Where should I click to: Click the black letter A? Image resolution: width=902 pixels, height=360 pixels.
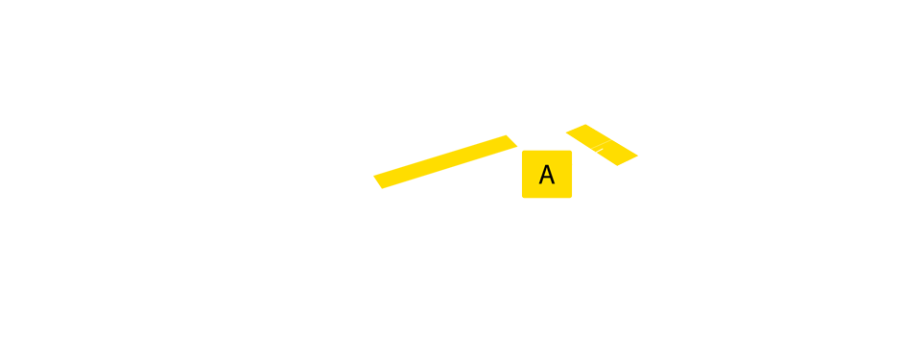(546, 175)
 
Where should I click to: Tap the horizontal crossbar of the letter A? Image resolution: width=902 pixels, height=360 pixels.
(546, 179)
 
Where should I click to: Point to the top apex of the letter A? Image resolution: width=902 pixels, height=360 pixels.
(546, 165)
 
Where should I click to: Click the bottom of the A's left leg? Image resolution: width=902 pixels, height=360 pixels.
(540, 184)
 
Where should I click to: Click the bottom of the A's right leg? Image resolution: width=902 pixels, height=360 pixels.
(553, 184)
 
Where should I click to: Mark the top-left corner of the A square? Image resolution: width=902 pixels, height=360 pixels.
(523, 152)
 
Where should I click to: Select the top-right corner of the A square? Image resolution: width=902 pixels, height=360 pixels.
(571, 152)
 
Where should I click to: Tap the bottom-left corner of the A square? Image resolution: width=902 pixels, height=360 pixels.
(523, 197)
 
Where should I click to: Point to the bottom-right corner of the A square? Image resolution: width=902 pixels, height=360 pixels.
(571, 197)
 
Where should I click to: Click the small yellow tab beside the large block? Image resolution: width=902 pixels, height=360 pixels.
(505, 161)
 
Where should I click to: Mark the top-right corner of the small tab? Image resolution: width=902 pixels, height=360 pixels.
(517, 135)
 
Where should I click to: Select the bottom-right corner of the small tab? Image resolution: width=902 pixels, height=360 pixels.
(517, 188)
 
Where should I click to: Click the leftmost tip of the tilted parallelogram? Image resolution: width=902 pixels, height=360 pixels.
(566, 132)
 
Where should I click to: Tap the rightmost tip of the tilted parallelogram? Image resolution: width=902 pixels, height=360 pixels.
(638, 156)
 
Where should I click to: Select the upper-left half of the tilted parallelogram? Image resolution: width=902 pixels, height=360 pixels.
(586, 135)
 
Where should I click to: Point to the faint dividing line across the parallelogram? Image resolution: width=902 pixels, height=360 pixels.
(602, 144)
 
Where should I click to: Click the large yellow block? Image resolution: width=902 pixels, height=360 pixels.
(245, 180)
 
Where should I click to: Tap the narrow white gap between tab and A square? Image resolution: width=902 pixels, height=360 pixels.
(520, 173)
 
